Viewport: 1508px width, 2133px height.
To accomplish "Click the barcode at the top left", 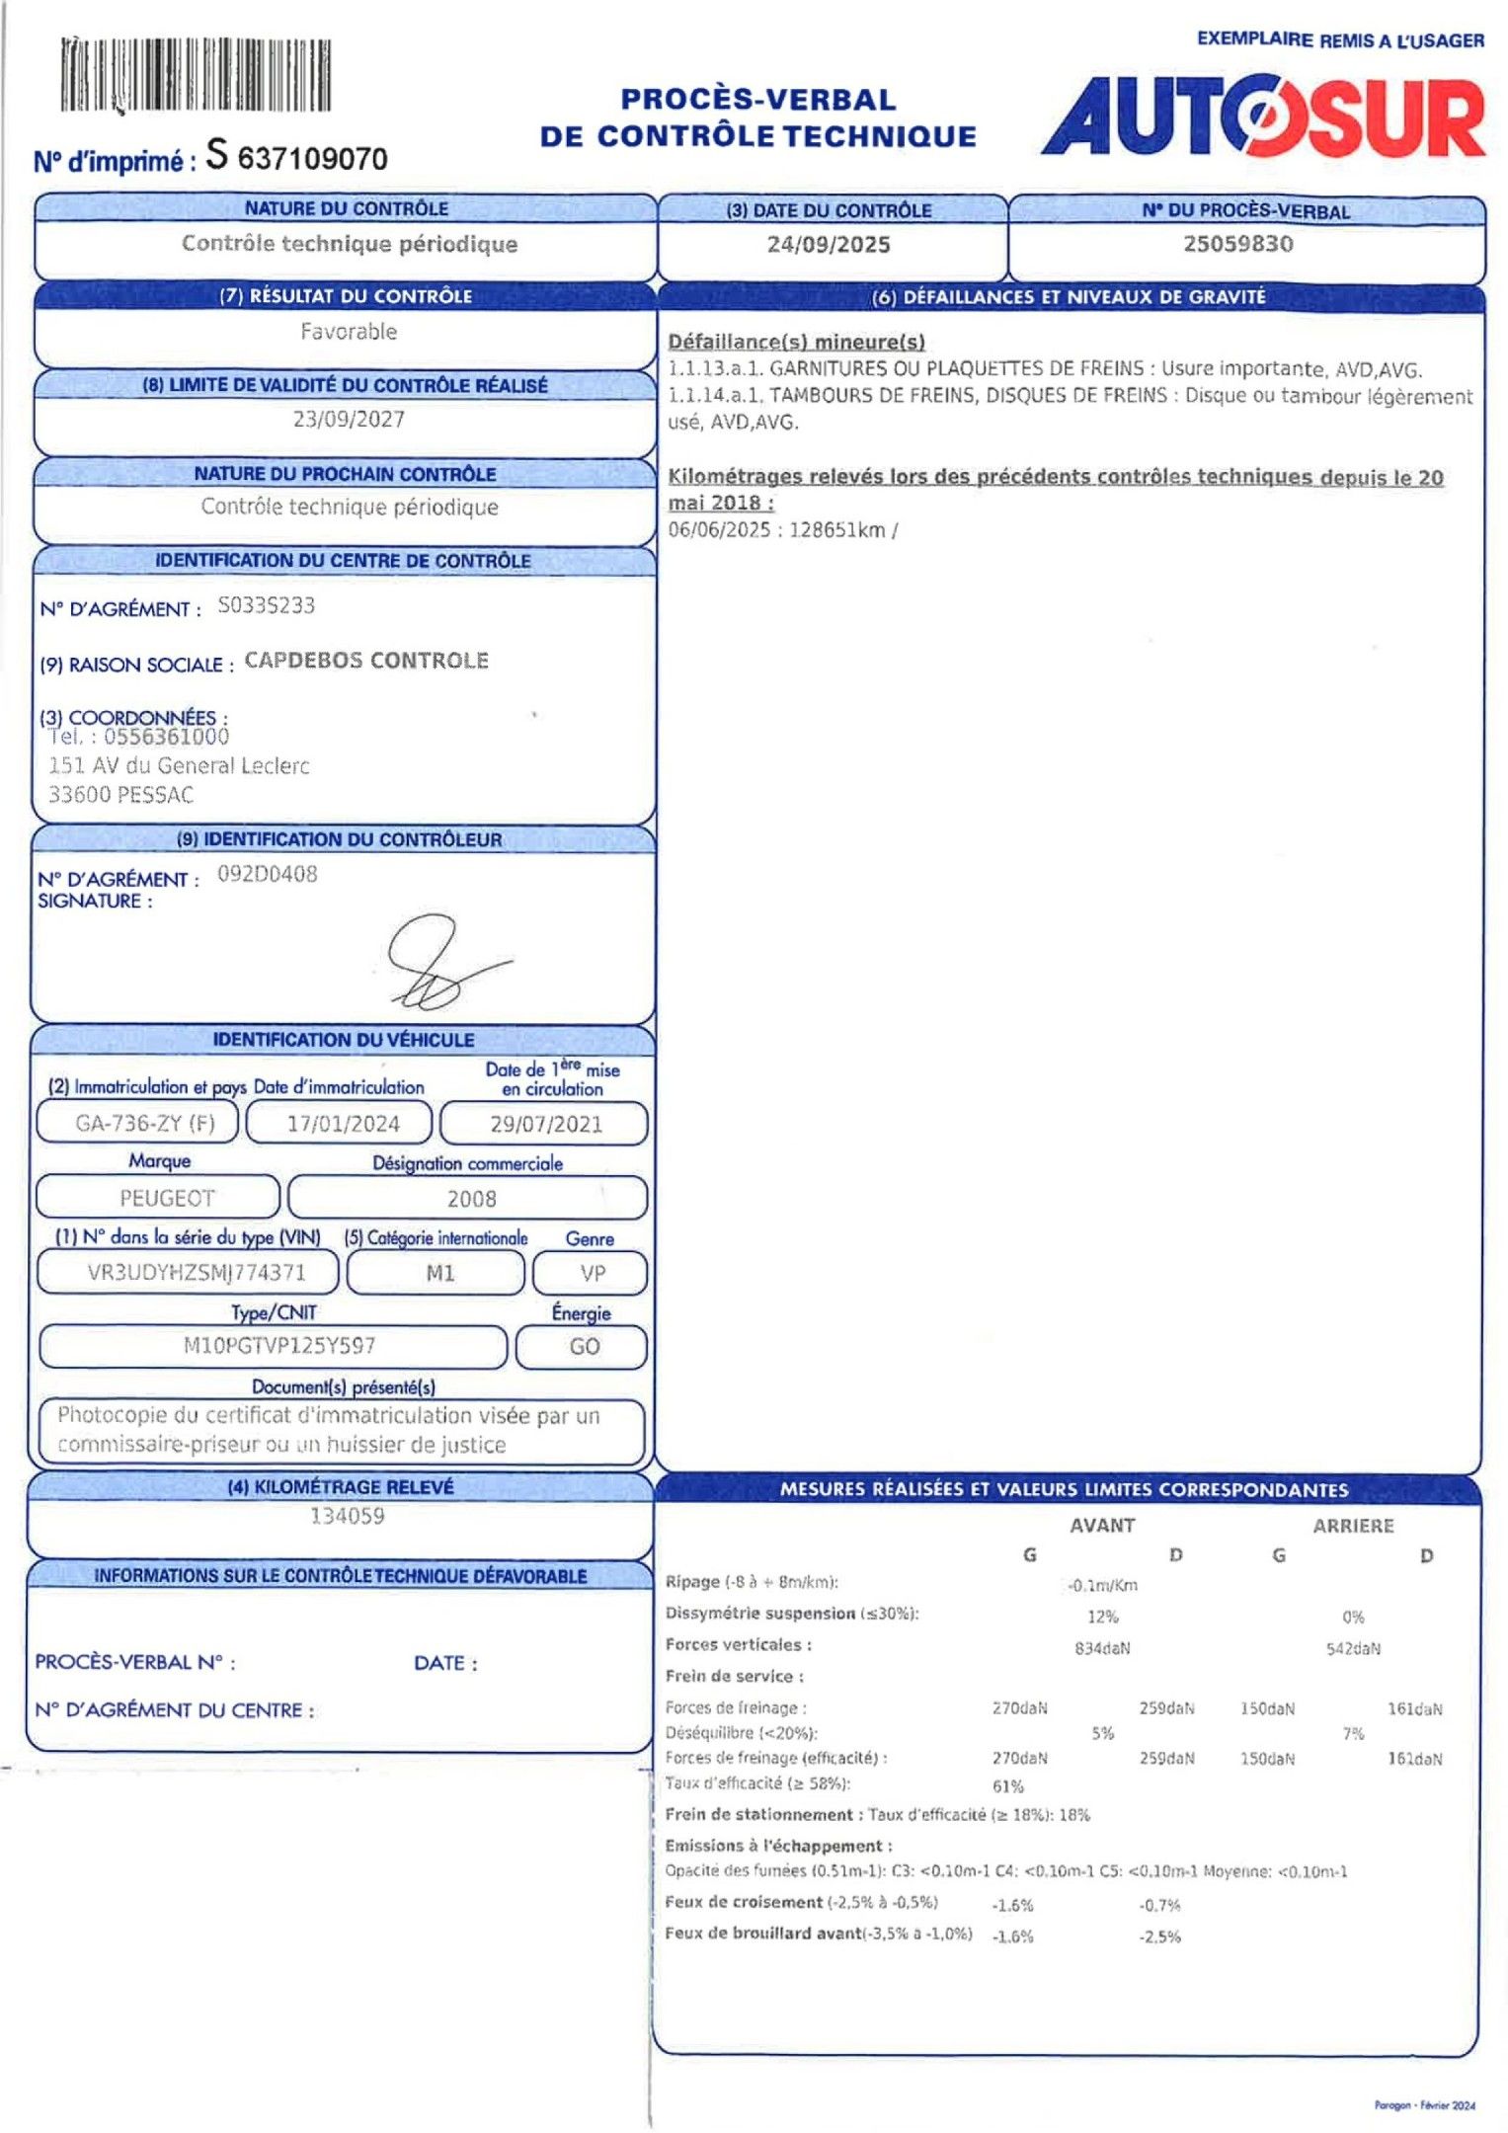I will click(x=196, y=76).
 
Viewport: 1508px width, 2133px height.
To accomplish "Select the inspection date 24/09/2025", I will click(x=829, y=245).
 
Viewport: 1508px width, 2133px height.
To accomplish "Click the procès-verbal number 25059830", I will click(x=1237, y=244).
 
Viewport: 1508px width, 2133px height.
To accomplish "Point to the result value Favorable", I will click(x=349, y=332).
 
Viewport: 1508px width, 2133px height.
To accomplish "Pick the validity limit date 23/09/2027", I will click(x=349, y=419).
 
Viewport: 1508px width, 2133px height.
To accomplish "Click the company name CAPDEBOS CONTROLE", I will click(x=366, y=661).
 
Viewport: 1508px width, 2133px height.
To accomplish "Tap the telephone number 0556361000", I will click(x=166, y=737).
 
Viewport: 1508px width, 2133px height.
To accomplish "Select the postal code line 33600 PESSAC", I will click(x=120, y=795).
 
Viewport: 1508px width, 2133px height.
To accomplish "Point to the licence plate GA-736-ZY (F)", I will click(x=144, y=1124).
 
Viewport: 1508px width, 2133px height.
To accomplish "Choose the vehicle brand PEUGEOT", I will click(x=167, y=1199).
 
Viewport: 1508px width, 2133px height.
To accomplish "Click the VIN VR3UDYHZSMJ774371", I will click(x=197, y=1273).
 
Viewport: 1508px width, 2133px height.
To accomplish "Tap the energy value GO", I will click(x=584, y=1347).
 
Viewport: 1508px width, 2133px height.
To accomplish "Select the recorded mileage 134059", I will click(x=348, y=1516).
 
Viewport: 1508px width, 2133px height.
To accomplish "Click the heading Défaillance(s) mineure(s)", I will click(x=796, y=342).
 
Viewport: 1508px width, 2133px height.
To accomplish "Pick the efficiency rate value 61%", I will click(x=1007, y=1786).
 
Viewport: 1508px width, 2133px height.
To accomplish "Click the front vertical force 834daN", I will click(x=1102, y=1648).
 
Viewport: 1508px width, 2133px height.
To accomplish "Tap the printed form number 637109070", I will click(x=312, y=159).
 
